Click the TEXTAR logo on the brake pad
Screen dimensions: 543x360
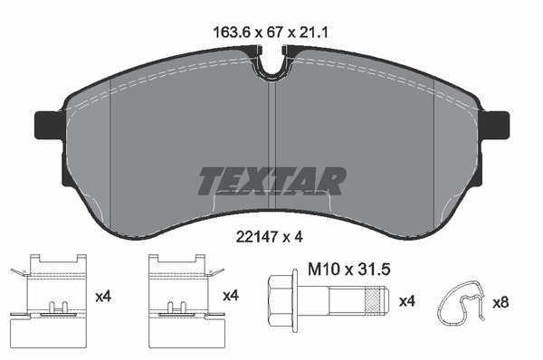272,181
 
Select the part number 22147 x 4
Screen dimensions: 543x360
270,237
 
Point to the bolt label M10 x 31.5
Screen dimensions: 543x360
349,269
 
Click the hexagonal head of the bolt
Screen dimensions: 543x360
281,298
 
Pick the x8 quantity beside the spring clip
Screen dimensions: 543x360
500,303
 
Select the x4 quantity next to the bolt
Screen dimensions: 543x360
407,301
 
